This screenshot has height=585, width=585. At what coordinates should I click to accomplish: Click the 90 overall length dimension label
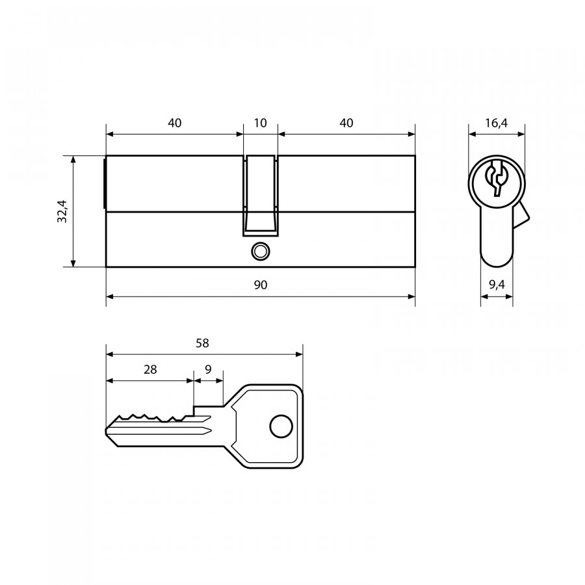pos(261,285)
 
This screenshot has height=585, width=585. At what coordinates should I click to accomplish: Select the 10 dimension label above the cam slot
pos(260,123)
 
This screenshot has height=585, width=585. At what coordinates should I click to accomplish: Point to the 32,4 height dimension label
pos(62,211)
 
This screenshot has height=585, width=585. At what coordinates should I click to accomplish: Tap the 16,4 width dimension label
pos(496,123)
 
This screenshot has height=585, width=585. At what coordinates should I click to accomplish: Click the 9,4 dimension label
pos(497,285)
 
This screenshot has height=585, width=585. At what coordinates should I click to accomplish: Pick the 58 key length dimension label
pos(202,343)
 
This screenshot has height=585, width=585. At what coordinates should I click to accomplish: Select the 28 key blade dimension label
pos(150,369)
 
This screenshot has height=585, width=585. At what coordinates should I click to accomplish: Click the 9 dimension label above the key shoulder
pos(208,369)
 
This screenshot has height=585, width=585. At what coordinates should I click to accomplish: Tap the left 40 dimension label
pos(174,123)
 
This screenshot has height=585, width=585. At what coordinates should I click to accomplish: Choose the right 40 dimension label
pos(346,123)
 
